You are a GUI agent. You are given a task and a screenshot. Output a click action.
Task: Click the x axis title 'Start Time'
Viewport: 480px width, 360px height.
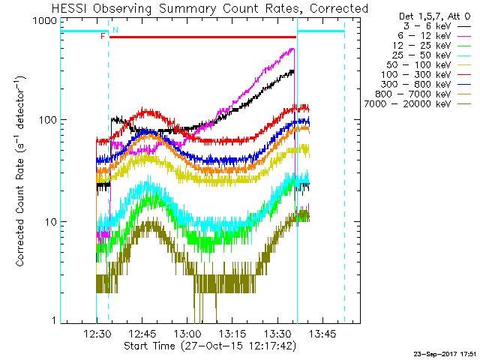pyautogui.click(x=210, y=346)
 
